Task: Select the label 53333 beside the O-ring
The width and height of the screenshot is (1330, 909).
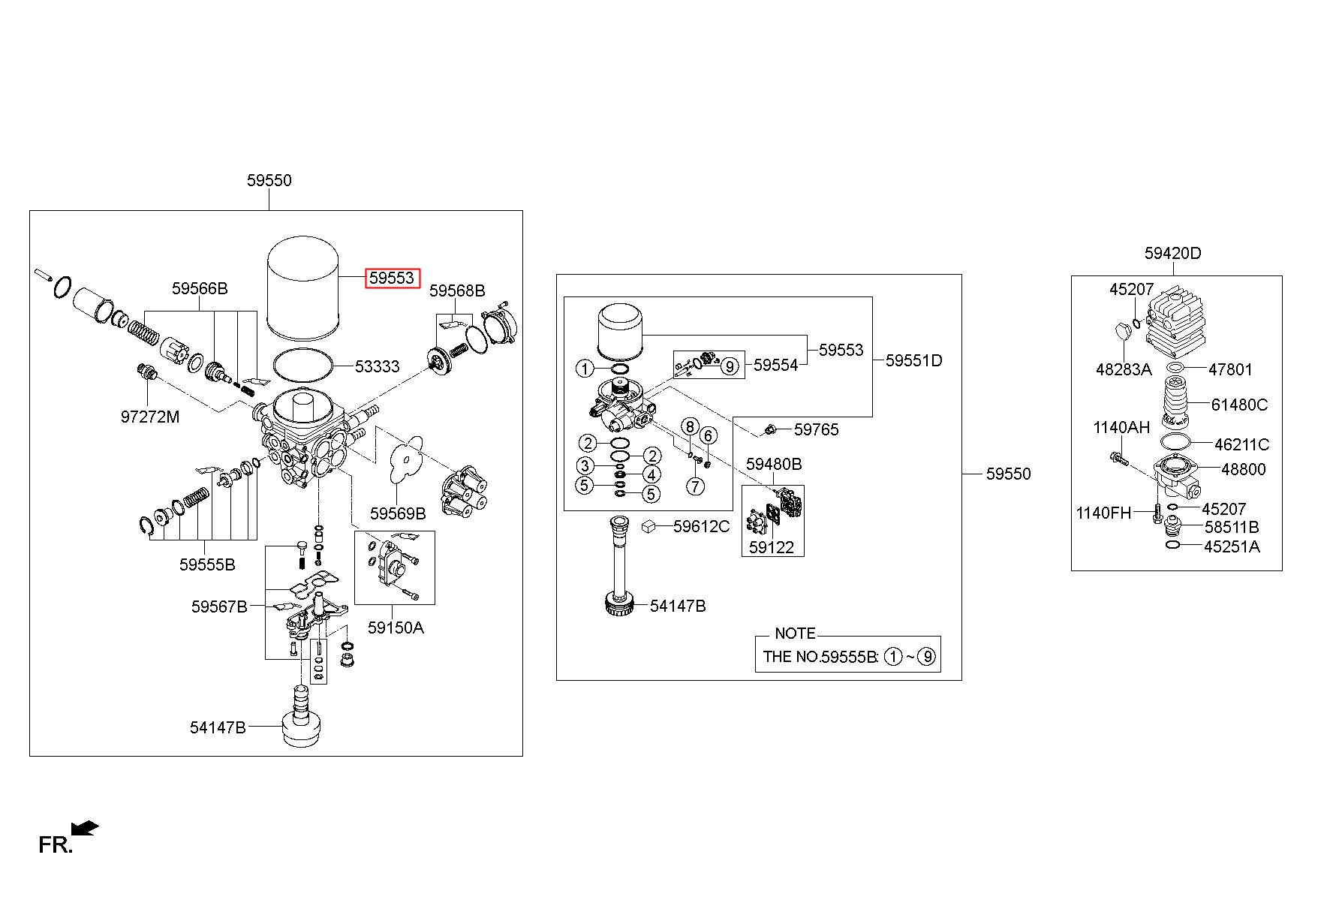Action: click(x=377, y=366)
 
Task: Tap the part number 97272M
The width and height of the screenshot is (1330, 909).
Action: click(x=150, y=417)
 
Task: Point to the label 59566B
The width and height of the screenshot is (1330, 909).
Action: click(x=200, y=288)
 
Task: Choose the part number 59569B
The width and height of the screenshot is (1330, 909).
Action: click(x=398, y=513)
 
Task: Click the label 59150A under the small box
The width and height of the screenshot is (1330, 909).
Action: click(x=396, y=628)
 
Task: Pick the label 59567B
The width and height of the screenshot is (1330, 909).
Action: click(x=219, y=607)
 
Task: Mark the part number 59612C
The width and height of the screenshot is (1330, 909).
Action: click(x=701, y=527)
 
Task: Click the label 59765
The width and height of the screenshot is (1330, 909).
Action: click(x=816, y=430)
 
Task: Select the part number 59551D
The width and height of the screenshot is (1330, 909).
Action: click(x=913, y=360)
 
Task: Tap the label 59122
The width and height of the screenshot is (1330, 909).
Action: click(x=772, y=548)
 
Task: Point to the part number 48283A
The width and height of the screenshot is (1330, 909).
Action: click(x=1123, y=369)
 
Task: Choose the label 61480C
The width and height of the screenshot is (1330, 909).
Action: click(x=1239, y=405)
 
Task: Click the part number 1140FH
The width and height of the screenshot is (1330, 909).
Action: click(x=1103, y=513)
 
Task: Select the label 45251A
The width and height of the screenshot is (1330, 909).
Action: click(x=1232, y=546)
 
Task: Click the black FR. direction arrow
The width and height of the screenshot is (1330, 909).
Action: click(x=86, y=828)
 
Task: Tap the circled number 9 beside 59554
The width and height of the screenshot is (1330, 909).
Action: click(x=728, y=366)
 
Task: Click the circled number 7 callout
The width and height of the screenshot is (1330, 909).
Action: click(x=696, y=486)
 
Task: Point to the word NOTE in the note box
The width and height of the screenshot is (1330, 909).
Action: click(x=795, y=634)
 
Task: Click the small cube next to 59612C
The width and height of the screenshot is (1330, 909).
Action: click(x=649, y=526)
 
